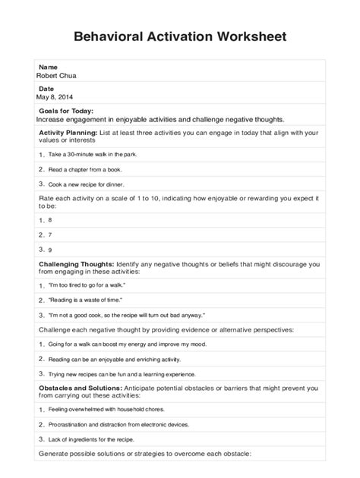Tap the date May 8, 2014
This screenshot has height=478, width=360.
click(x=57, y=97)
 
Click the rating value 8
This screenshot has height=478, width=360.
click(x=50, y=219)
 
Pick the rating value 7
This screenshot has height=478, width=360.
click(x=50, y=234)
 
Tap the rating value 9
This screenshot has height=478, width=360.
click(x=50, y=249)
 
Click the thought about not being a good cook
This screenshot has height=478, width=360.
click(x=125, y=315)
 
